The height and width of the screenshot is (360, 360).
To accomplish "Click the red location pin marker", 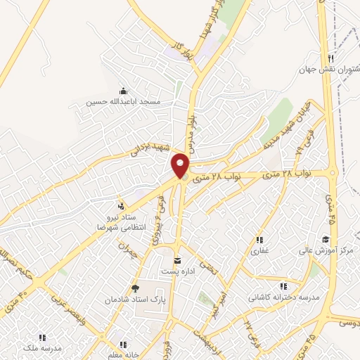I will (181, 165).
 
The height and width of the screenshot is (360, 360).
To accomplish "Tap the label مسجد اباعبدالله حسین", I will (124, 102).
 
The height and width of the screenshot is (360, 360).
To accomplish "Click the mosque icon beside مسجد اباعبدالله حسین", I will (124, 91).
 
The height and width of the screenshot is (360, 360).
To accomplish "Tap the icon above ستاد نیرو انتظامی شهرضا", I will (120, 206).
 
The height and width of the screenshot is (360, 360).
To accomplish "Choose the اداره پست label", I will (178, 271).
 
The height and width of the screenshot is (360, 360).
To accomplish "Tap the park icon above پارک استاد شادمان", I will (136, 289).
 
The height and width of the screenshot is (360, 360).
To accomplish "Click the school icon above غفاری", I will (259, 240).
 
